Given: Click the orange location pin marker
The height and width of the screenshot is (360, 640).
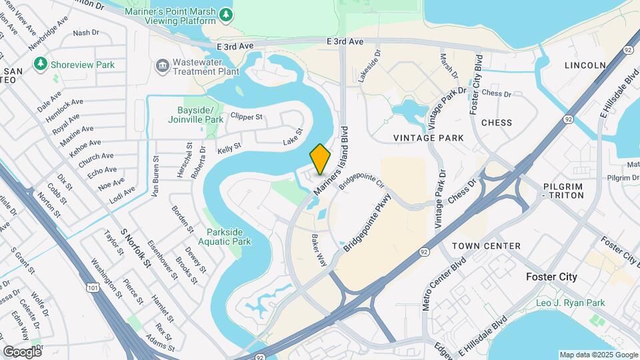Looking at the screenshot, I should click(x=321, y=159).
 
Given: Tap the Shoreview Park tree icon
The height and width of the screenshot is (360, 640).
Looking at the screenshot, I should click(x=41, y=64).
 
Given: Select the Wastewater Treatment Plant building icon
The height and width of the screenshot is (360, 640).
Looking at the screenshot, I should click(x=162, y=65).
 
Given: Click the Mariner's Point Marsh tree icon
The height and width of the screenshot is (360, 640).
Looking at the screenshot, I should click(x=226, y=14).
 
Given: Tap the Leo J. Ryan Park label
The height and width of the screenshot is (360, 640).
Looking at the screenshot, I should click(x=571, y=303).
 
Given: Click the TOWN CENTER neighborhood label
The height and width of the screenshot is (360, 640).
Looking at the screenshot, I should click(x=486, y=246).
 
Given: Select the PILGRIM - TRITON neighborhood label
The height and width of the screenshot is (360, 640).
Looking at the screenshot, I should click(x=563, y=191).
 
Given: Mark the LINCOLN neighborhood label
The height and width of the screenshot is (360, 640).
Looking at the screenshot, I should click(x=585, y=65).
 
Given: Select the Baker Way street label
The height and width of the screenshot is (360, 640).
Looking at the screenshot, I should click(x=319, y=249).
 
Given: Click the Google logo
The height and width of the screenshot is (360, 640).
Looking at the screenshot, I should click(x=22, y=351).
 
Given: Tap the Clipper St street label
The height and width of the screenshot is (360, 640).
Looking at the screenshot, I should click(x=247, y=117).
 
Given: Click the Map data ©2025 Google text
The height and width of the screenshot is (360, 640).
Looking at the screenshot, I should click(x=598, y=355).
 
